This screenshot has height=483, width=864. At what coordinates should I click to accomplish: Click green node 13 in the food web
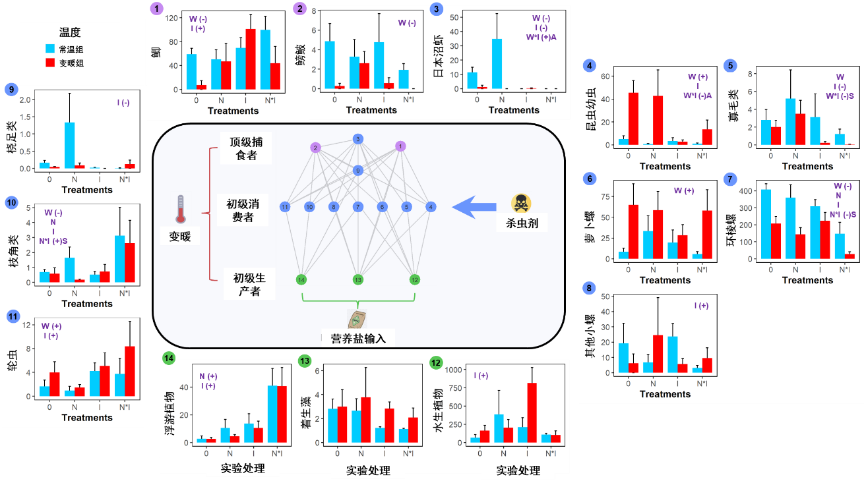pos(357,279)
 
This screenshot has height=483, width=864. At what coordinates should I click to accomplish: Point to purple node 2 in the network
pos(316,148)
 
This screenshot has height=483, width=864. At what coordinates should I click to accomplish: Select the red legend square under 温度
pos(51,63)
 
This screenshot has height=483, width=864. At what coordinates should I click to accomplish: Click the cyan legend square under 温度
pos(51,48)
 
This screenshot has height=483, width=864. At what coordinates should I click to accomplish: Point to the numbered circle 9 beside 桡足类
pos(11,89)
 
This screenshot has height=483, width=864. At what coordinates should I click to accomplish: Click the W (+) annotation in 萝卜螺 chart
pos(683,190)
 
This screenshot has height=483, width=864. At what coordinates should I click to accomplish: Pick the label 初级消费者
pos(243,211)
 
